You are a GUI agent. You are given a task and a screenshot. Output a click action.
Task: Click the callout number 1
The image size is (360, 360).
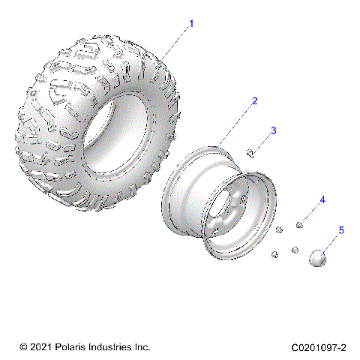(x=191, y=24)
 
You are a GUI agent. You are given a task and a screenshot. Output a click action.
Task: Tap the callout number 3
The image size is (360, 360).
(x=273, y=130)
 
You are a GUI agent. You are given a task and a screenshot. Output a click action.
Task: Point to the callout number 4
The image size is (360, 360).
(x=322, y=199)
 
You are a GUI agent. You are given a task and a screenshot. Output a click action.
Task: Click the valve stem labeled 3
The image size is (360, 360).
(x=251, y=154)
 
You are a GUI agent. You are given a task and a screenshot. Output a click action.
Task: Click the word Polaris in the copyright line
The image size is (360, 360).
(x=67, y=347)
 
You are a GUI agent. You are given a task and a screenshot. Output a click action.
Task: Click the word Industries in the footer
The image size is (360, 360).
(x=109, y=347)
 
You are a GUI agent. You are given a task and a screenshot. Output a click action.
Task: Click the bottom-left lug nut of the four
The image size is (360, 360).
(x=274, y=254)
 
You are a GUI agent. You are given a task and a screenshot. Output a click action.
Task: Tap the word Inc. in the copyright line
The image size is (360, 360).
(x=142, y=347)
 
